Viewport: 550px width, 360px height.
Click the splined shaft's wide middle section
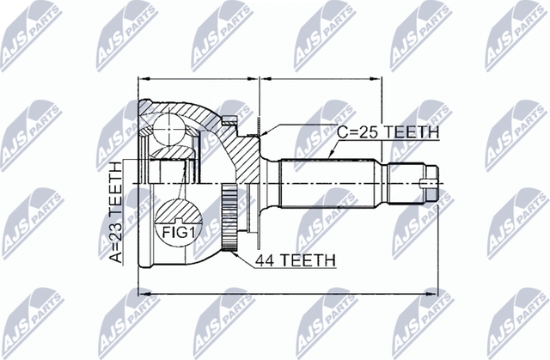tap(331, 184)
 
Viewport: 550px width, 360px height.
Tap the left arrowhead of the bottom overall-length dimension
tap(143, 296)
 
